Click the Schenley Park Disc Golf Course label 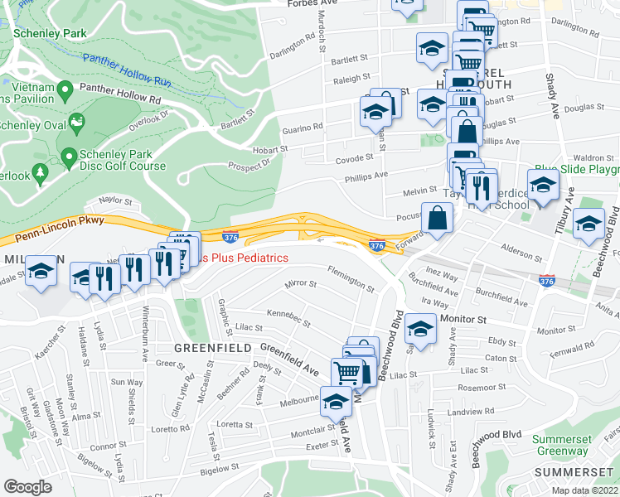point(124,160)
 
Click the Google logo point(28,487)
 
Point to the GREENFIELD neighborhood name point(212,348)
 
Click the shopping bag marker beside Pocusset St point(436,219)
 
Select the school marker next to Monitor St point(421,328)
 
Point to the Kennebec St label point(288,317)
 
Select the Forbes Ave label point(314,3)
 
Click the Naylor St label point(115,200)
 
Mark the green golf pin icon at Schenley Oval point(77,124)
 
